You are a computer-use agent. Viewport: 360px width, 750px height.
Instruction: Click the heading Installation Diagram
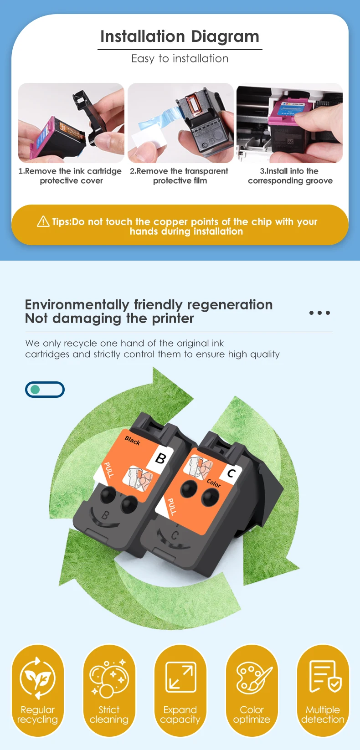(180, 36)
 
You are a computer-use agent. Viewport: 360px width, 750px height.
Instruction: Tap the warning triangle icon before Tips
(43, 221)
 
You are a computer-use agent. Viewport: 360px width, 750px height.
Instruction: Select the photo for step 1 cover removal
(72, 123)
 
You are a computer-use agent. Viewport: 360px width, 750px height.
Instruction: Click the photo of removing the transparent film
(180, 123)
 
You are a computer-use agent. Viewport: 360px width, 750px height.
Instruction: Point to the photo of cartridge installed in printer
(290, 123)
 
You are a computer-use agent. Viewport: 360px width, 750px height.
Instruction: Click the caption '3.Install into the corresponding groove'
(290, 176)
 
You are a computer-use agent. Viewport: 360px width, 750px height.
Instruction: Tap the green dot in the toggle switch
(35, 390)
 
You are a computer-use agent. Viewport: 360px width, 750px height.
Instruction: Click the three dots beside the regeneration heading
(319, 313)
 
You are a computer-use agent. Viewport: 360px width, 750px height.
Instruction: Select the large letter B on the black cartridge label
(161, 458)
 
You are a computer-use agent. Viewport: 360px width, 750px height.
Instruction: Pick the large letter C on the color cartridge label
(231, 473)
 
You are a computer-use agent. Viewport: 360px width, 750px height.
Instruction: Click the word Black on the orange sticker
(132, 441)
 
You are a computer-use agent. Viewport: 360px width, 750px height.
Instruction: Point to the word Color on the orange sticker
(214, 483)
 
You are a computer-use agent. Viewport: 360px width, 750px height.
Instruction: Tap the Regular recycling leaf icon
(37, 678)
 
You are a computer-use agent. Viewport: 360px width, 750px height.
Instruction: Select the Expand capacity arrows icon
(181, 677)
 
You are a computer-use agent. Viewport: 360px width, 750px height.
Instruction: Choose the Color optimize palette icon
(254, 677)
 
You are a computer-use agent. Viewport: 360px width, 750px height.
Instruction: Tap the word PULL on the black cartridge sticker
(109, 470)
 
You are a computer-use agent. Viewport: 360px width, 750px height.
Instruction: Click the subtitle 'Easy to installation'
(180, 59)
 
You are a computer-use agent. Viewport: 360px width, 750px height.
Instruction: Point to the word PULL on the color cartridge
(172, 507)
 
